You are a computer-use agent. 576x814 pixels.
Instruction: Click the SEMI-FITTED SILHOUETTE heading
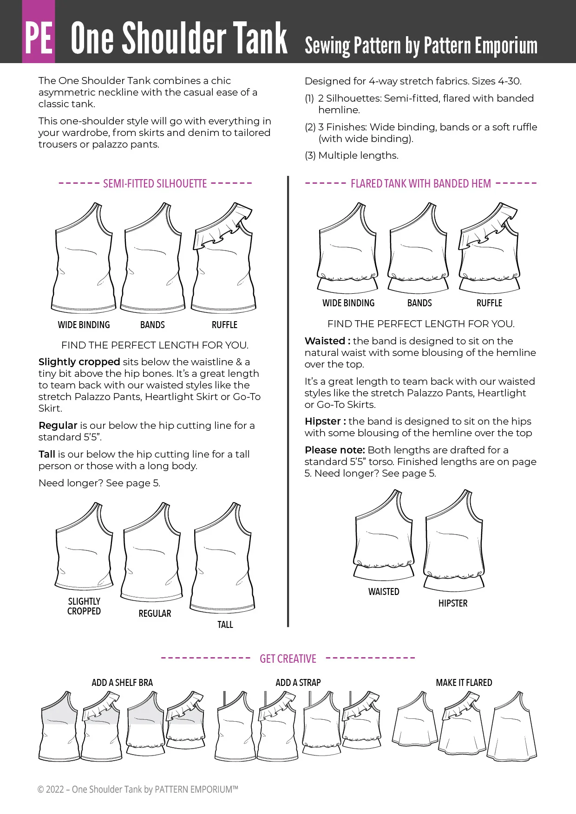(155, 184)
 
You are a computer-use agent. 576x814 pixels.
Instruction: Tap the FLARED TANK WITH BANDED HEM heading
(420, 184)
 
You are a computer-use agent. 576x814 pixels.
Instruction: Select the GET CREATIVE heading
(288, 659)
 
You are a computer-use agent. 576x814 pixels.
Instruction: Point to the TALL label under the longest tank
(225, 625)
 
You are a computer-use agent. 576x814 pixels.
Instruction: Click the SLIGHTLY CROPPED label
(84, 606)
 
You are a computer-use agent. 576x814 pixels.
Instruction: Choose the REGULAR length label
(155, 614)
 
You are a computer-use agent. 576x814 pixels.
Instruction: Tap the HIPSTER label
(453, 603)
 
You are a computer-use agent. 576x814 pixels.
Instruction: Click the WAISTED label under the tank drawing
(384, 592)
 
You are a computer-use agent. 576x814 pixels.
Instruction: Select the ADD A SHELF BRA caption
(122, 683)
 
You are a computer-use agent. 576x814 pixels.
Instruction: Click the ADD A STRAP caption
(298, 683)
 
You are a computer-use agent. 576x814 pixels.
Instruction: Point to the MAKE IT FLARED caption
(464, 683)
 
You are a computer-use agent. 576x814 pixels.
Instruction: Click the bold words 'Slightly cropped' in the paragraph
(79, 362)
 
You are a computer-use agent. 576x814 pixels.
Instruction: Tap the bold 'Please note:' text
(334, 450)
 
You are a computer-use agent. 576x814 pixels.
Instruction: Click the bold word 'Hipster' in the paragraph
(323, 421)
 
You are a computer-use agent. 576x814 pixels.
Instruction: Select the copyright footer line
(138, 789)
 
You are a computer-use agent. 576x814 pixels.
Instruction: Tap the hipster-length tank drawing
(454, 541)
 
